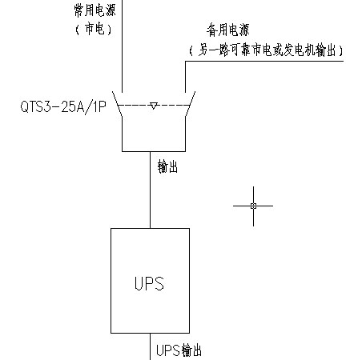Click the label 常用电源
[95, 10]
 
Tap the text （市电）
[94, 29]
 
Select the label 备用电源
[227, 30]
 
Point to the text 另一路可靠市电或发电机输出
[267, 50]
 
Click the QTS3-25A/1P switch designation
[63, 107]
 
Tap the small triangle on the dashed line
[153, 106]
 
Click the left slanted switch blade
[117, 104]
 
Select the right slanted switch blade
[190, 104]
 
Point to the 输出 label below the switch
[167, 167]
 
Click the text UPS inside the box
[149, 283]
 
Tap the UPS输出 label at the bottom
[179, 350]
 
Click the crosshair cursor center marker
[253, 206]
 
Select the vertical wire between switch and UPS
[150, 190]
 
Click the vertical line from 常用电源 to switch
[122, 46]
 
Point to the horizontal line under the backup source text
[264, 62]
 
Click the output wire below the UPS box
[150, 346]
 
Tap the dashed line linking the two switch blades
[154, 105]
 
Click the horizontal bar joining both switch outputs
[154, 151]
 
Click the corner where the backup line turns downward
[186, 62]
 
